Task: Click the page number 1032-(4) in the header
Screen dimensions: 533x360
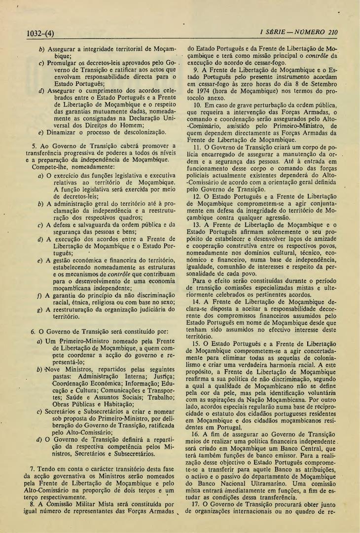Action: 40,34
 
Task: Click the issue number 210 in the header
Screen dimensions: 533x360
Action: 332,33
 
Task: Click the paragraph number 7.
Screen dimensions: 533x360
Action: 32,467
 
